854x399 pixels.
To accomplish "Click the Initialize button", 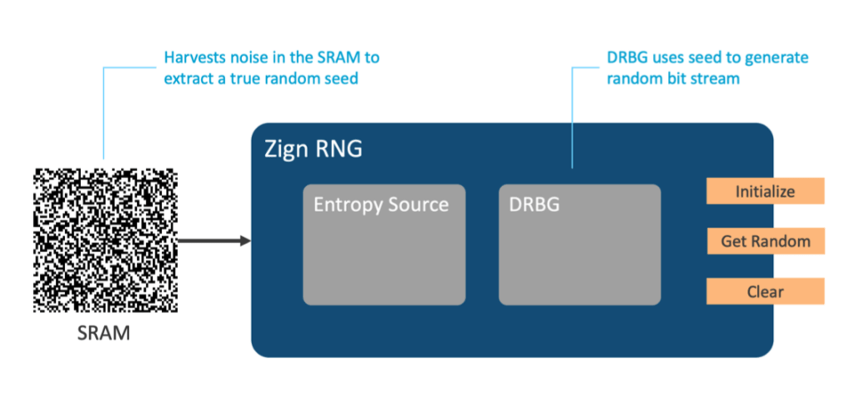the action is (766, 191).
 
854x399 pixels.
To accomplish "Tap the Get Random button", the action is (766, 241).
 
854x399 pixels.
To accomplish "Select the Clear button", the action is (766, 291).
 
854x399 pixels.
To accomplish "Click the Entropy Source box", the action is (384, 245).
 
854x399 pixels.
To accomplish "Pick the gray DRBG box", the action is (580, 245).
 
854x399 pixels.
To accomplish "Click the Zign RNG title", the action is (314, 149).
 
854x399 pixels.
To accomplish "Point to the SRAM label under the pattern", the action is (103, 332).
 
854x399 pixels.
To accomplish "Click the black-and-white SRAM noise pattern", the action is (105, 240).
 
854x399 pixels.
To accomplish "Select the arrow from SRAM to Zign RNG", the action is (214, 240).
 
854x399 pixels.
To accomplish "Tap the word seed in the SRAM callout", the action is (341, 78).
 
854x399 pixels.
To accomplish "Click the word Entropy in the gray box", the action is (346, 205).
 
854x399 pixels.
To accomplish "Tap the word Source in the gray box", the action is (416, 205).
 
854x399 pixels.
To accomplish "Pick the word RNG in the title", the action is (339, 149).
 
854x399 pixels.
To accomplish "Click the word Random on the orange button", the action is (786, 241).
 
